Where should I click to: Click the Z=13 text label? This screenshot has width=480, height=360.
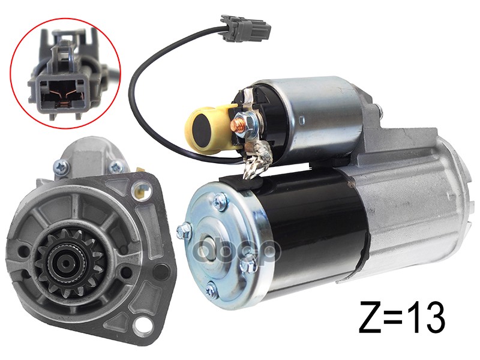tap(402, 317)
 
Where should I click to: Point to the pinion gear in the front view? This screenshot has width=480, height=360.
tap(69, 264)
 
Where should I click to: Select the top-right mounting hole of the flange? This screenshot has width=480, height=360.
tap(140, 187)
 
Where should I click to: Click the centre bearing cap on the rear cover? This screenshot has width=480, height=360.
tap(209, 242)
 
